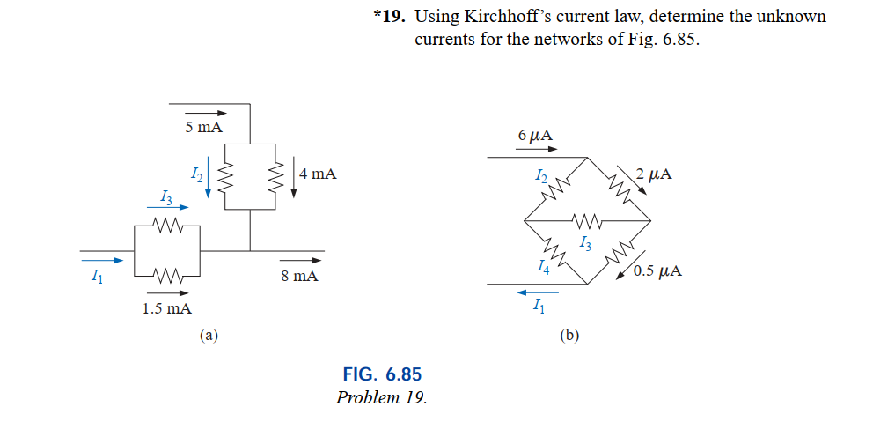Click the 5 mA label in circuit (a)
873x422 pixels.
click(x=204, y=129)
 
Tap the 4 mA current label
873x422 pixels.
click(x=318, y=174)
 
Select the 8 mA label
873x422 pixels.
click(x=300, y=277)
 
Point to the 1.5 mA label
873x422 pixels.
click(x=167, y=308)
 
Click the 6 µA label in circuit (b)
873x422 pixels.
click(x=536, y=136)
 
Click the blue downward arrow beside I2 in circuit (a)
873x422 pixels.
click(x=209, y=181)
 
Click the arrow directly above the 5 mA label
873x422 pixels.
click(x=205, y=113)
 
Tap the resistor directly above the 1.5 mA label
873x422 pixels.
click(x=167, y=275)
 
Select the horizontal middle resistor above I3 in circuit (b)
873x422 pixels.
click(x=587, y=220)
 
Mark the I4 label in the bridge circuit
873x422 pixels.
click(x=544, y=267)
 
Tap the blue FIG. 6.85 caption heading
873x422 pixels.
click(x=381, y=374)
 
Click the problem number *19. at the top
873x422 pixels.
click(x=391, y=17)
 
